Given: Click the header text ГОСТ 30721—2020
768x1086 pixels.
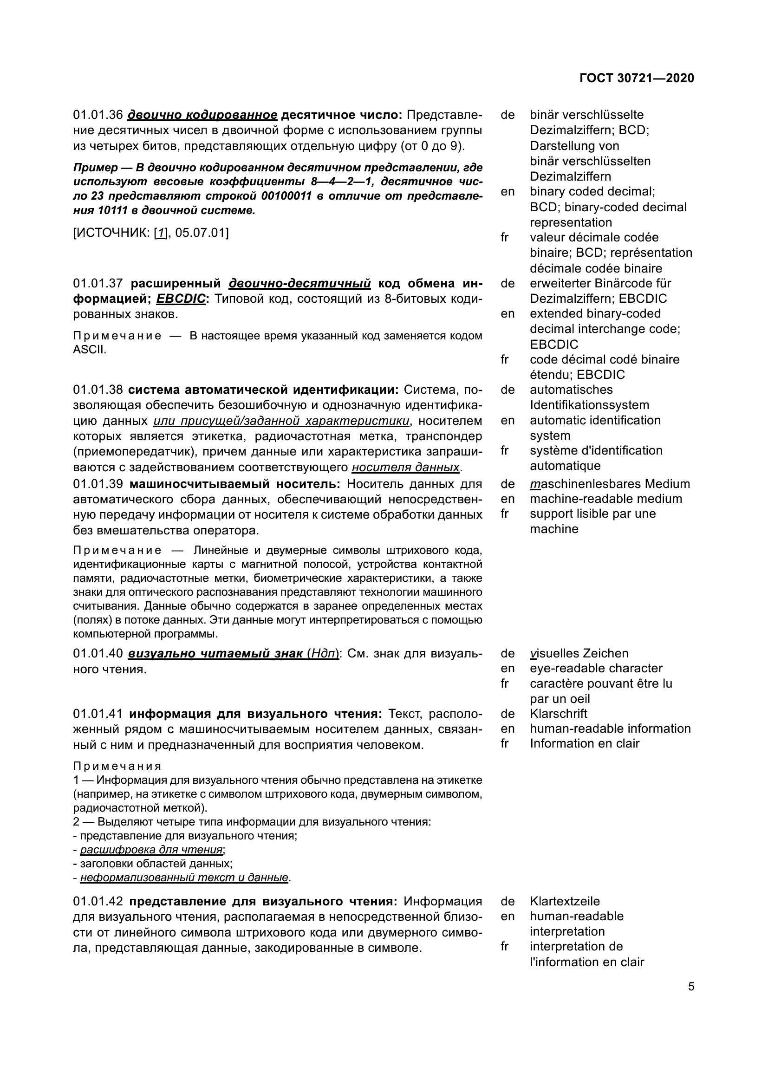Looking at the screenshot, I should [x=637, y=78].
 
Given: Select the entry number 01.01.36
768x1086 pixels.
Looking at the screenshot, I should [x=98, y=115].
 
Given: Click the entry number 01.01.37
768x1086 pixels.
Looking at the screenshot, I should [x=98, y=283].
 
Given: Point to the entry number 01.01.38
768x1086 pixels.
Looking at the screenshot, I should [x=98, y=390].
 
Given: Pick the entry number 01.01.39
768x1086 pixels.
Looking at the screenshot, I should [x=98, y=484].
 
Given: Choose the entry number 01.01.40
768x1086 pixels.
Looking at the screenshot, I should [x=98, y=653].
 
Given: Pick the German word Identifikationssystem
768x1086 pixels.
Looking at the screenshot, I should [x=589, y=405].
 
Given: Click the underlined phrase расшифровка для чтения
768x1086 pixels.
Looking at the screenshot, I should [x=151, y=850].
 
